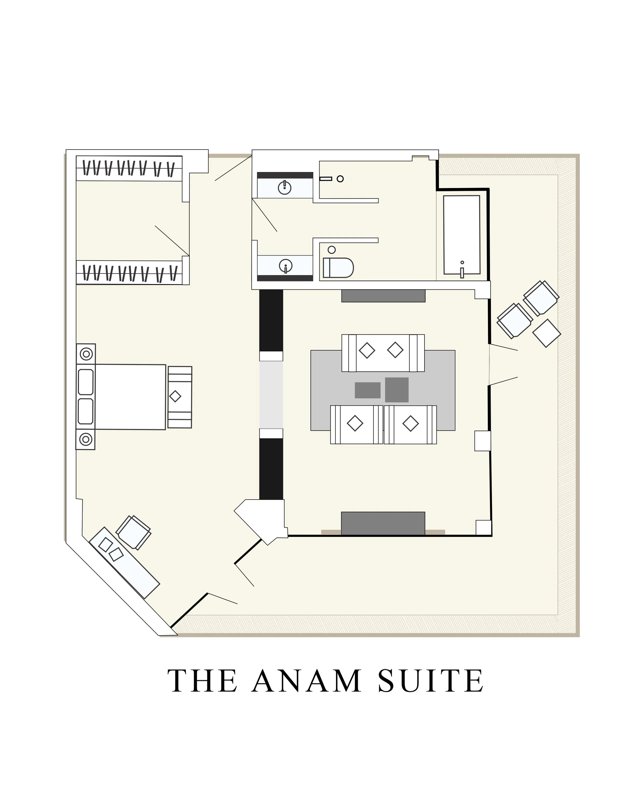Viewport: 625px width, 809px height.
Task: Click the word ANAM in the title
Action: point(306,681)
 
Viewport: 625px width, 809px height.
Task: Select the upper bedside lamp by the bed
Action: point(86,354)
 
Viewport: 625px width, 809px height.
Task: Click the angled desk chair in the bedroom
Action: point(133,532)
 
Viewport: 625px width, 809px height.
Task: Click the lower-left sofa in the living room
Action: point(356,424)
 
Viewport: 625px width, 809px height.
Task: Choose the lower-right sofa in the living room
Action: point(410,424)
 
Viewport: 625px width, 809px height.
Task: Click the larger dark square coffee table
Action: point(396,390)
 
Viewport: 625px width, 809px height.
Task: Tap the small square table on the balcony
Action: point(546,333)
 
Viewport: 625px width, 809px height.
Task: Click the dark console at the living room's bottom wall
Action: point(383,523)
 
